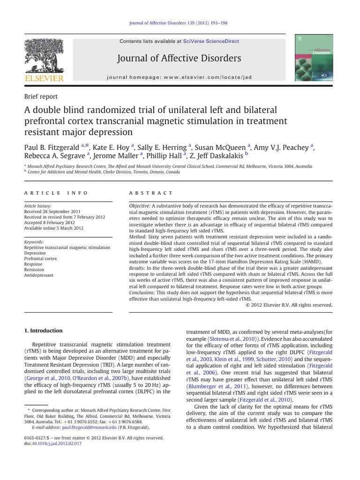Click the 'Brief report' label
click(x=41, y=97)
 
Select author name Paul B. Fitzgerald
click(x=52, y=148)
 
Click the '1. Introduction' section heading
click(x=43, y=330)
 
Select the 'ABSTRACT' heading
click(x=150, y=193)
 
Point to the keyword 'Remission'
click(x=34, y=270)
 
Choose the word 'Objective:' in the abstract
click(x=140, y=207)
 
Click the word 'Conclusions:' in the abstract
click(x=143, y=292)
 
